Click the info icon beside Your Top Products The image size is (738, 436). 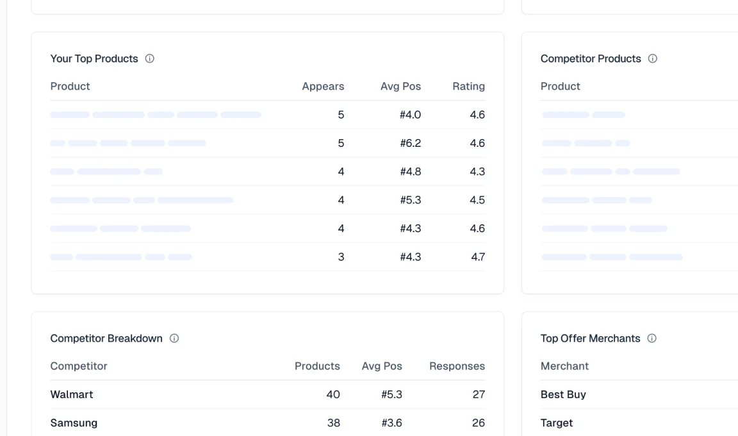[x=150, y=58]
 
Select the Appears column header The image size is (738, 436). [x=323, y=87]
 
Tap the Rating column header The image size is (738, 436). [x=468, y=87]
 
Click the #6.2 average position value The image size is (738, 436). [x=410, y=143]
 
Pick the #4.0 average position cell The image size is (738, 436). [x=410, y=115]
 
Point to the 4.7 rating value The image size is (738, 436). [x=477, y=257]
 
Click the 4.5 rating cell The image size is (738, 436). [x=477, y=200]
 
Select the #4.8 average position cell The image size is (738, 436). [x=410, y=172]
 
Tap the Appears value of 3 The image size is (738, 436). [x=341, y=257]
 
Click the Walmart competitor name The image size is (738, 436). [x=72, y=394]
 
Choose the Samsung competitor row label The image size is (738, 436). [x=74, y=423]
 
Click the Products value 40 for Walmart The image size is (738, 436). [x=333, y=394]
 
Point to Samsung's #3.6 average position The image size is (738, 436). [x=391, y=423]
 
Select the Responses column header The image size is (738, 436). [x=457, y=366]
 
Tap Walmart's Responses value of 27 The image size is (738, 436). [x=479, y=394]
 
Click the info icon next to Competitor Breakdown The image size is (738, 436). [x=174, y=339]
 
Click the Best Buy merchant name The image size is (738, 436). [x=563, y=394]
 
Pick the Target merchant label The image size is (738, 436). [x=557, y=423]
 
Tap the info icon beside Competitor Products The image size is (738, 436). [x=653, y=58]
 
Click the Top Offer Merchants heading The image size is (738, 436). [x=590, y=339]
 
